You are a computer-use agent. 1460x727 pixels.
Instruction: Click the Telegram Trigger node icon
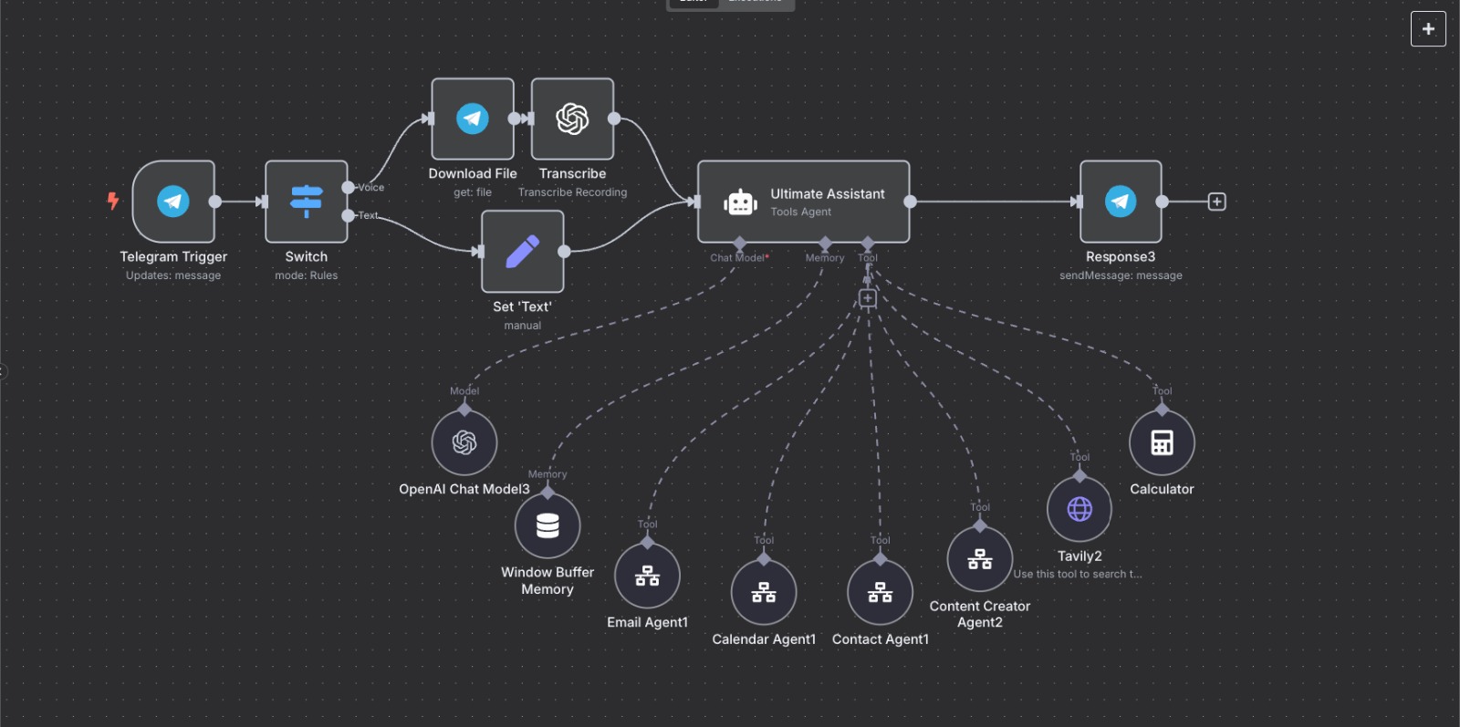(x=173, y=201)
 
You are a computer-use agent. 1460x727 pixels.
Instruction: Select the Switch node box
(x=307, y=201)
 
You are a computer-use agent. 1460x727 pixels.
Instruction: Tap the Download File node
(x=473, y=119)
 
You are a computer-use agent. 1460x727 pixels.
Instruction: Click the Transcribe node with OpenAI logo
(x=572, y=119)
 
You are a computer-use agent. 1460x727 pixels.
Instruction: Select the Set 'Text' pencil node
(x=523, y=251)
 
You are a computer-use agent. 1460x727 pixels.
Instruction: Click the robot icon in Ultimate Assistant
(x=740, y=202)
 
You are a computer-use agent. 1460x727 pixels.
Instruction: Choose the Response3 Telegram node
(x=1121, y=201)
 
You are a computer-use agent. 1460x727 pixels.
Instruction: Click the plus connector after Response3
(x=1216, y=202)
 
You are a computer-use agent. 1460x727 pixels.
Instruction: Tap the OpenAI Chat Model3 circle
(x=464, y=442)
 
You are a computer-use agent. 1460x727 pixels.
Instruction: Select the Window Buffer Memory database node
(x=547, y=525)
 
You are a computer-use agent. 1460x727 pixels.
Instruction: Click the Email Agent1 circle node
(x=647, y=576)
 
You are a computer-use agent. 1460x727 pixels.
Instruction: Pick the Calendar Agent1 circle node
(x=764, y=593)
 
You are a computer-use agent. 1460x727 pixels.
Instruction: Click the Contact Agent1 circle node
(x=880, y=593)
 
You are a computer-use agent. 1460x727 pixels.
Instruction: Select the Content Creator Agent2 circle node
(x=980, y=559)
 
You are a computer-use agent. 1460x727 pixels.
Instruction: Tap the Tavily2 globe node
(x=1079, y=509)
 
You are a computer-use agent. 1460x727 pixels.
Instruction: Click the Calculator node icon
(x=1162, y=442)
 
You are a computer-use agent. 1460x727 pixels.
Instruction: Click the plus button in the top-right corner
(x=1428, y=29)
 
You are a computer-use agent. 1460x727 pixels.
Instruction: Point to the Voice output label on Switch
(x=370, y=187)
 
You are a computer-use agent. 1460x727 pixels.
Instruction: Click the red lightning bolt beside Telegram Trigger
(x=113, y=201)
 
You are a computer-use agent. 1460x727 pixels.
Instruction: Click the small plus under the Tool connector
(x=868, y=298)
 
